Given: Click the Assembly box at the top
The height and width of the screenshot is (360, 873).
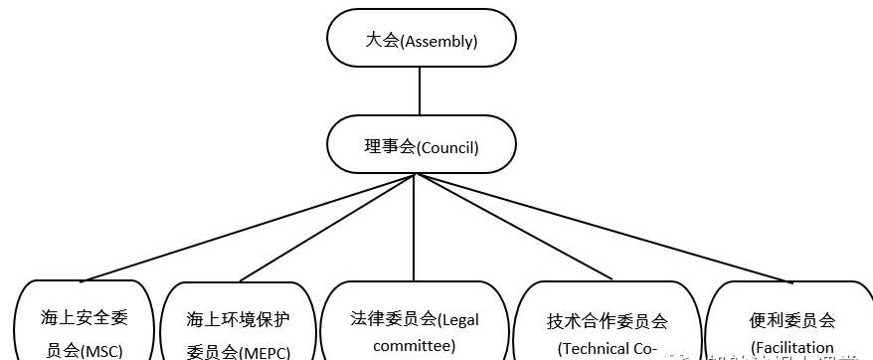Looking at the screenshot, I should pyautogui.click(x=422, y=42).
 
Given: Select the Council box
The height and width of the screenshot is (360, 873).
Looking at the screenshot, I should pyautogui.click(x=422, y=147).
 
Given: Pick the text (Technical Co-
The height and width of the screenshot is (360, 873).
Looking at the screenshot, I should pyautogui.click(x=608, y=348).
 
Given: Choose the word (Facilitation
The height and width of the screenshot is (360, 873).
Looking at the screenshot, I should pyautogui.click(x=792, y=348).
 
